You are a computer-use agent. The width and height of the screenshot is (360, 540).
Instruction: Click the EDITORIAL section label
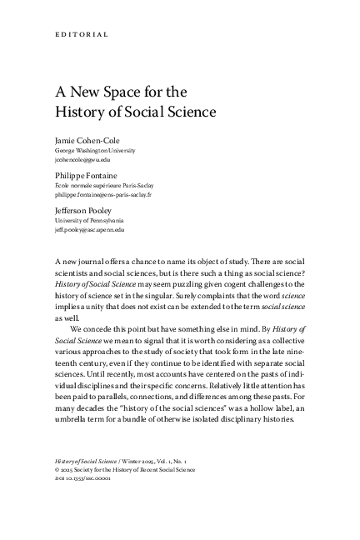(74, 34)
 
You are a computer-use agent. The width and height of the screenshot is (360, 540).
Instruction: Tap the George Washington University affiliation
(92, 150)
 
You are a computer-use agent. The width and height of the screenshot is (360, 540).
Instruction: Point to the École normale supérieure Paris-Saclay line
(104, 185)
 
